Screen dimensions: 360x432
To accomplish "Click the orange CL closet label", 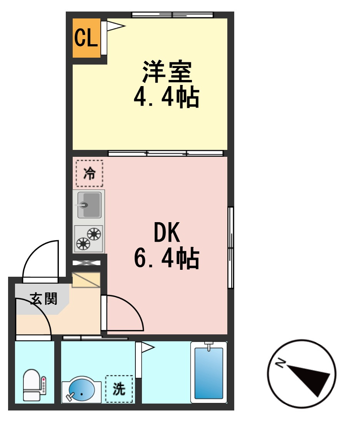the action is pyautogui.click(x=86, y=38).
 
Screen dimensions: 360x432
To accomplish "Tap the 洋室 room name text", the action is pyautogui.click(x=167, y=71).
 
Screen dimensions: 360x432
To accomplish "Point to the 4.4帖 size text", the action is pyautogui.click(x=167, y=97).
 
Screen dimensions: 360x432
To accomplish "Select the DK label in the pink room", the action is pyautogui.click(x=167, y=232).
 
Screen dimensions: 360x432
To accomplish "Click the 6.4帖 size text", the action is pyautogui.click(x=167, y=258).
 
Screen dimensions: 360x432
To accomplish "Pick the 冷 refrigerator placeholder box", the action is pyautogui.click(x=89, y=173).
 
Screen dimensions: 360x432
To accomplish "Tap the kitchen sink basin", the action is pyautogui.click(x=89, y=205).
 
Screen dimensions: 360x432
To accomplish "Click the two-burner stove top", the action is pyautogui.click(x=88, y=239).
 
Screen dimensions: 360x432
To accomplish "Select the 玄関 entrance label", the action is pyautogui.click(x=43, y=299).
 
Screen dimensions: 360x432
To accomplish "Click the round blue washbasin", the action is pyautogui.click(x=82, y=390).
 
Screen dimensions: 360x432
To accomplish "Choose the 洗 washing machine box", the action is pyautogui.click(x=119, y=389).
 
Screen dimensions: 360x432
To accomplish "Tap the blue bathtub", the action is pyautogui.click(x=209, y=373).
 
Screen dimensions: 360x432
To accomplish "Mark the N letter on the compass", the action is pyautogui.click(x=281, y=363).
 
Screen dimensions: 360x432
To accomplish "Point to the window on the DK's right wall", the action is pyautogui.click(x=231, y=248).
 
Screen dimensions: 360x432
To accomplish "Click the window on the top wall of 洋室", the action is pyautogui.click(x=173, y=15).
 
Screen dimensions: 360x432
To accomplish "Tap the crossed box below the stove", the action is pyautogui.click(x=86, y=263).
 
